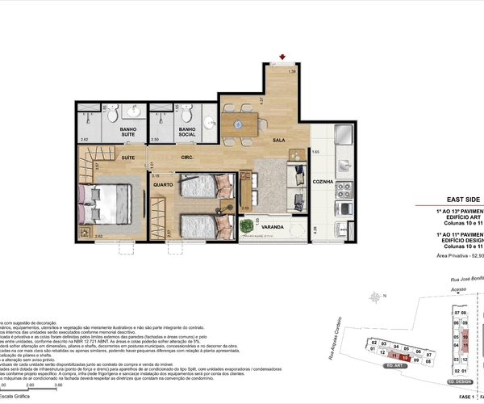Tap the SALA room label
pos(278,140)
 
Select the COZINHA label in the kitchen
pos(324,182)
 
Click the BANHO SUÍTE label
pos(127,133)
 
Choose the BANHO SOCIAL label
pos(187,133)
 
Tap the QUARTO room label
pos(165,184)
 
